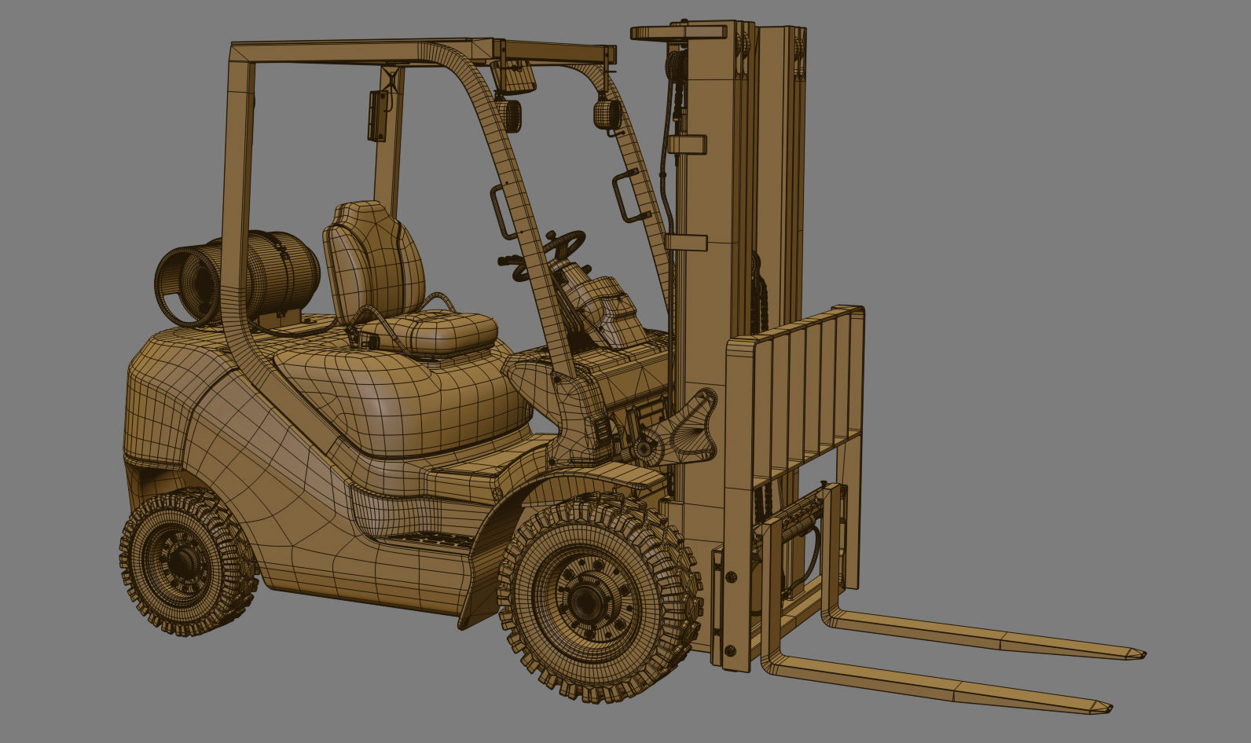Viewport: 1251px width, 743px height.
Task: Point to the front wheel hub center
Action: click(585, 601)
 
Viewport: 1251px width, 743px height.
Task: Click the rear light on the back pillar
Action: click(378, 115)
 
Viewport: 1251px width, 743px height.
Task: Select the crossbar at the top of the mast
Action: click(678, 32)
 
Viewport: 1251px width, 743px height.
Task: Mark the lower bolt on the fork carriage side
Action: click(730, 650)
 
